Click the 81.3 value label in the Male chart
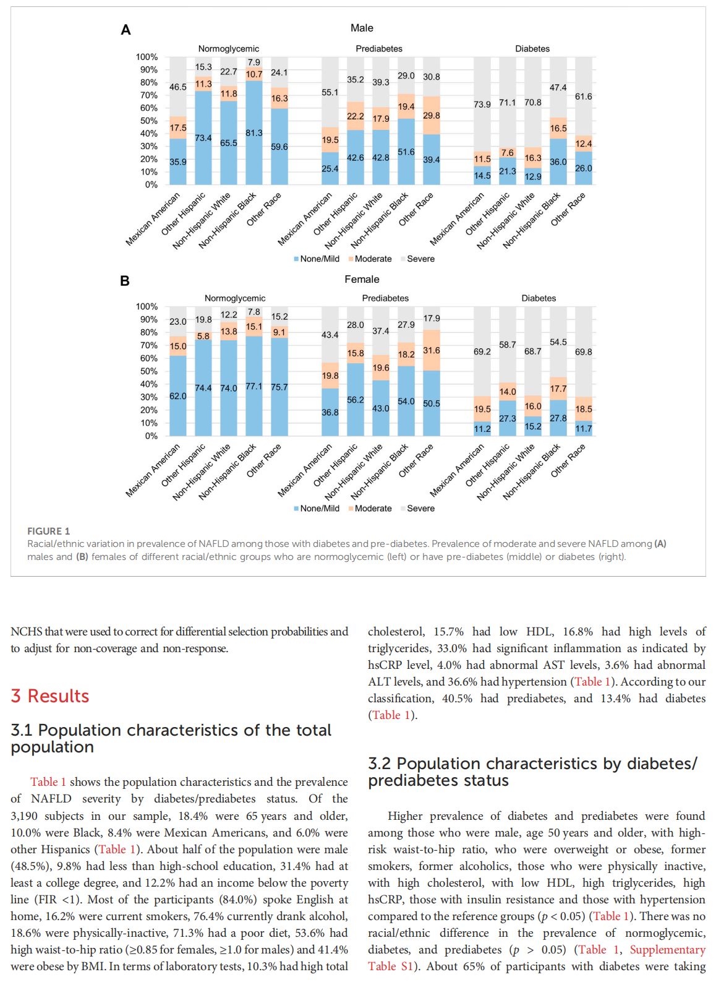point(254,133)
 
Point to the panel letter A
point(126,30)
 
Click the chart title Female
point(362,280)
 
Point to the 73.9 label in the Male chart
point(482,105)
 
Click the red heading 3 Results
point(50,696)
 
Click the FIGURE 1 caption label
point(48,531)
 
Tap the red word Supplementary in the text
point(667,950)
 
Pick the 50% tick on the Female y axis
point(149,371)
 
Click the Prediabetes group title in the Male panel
point(379,49)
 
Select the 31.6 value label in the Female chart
point(432,351)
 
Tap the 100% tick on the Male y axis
point(147,57)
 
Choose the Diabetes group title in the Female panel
point(539,298)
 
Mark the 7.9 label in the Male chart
point(254,62)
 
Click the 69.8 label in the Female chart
point(583,352)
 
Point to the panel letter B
point(125,281)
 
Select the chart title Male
point(362,28)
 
